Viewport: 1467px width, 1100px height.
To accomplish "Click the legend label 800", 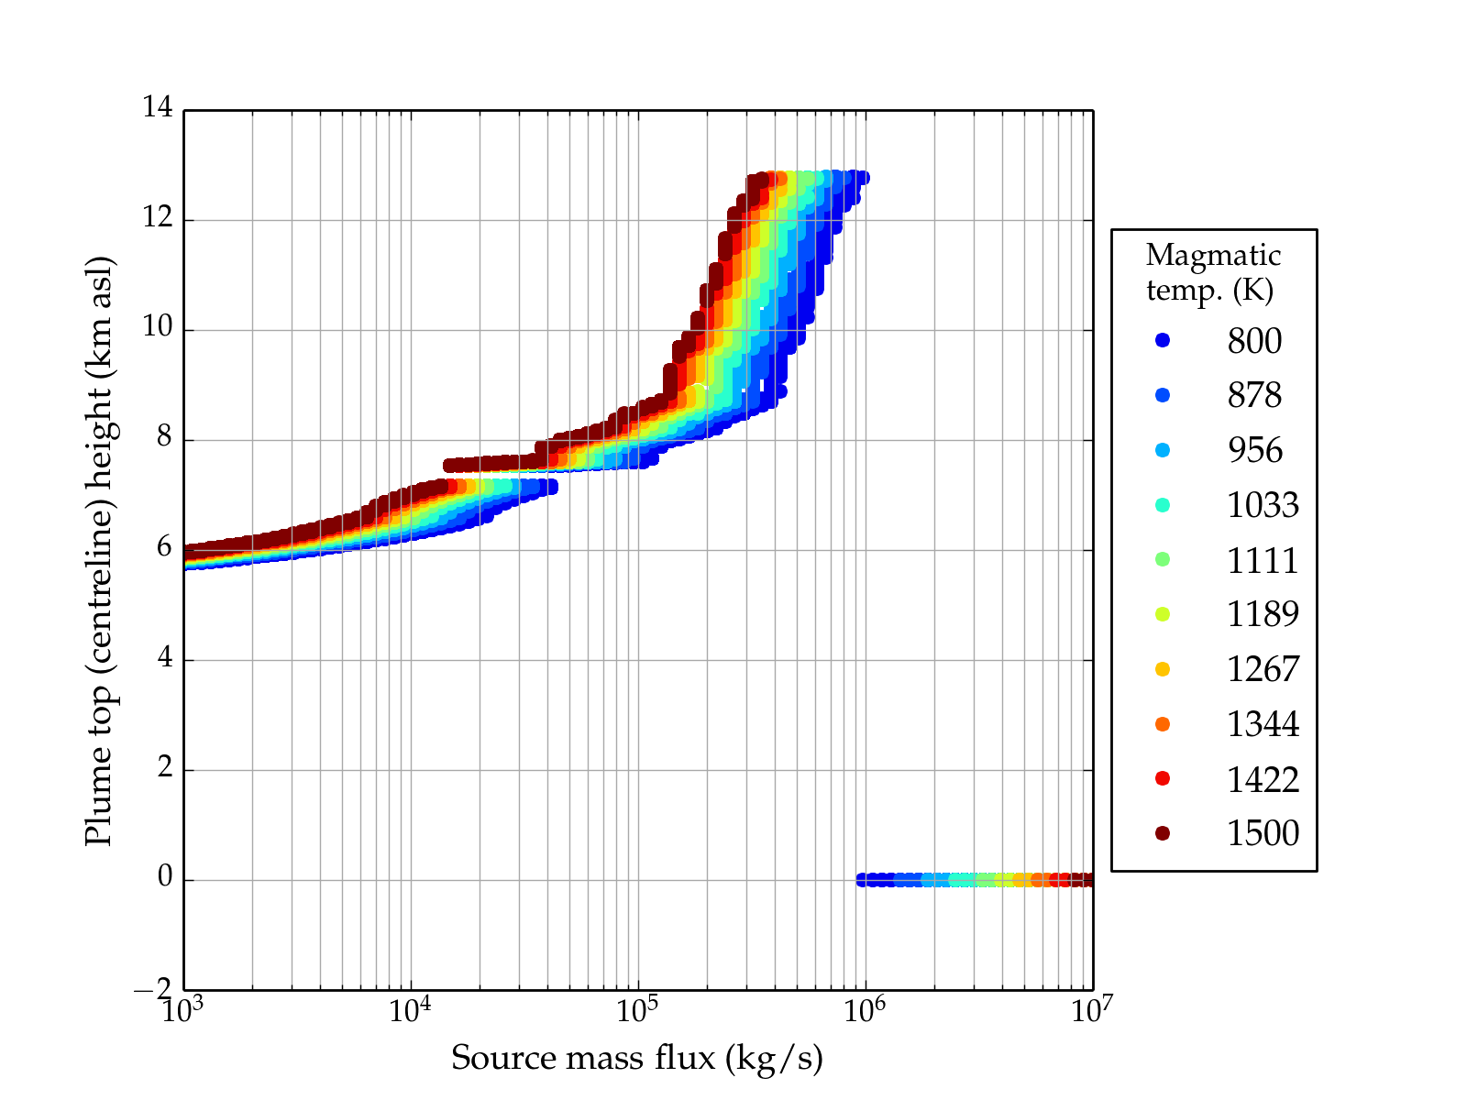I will tap(1254, 341).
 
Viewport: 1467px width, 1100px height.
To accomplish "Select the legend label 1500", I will tap(1263, 833).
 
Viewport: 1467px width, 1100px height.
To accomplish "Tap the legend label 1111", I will tap(1263, 560).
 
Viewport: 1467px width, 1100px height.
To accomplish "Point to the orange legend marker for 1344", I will tap(1163, 724).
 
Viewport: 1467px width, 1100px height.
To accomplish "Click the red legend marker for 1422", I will tap(1163, 778).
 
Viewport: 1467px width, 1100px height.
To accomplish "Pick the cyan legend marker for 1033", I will tap(1163, 505).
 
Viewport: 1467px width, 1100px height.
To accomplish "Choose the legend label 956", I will tap(1254, 450).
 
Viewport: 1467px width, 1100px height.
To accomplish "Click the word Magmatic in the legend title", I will tap(1213, 255).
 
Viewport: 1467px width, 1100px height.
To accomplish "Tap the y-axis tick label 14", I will tap(157, 108).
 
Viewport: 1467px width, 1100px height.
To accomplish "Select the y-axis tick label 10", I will tap(157, 328).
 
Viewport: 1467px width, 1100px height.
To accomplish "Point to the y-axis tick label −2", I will tap(152, 989).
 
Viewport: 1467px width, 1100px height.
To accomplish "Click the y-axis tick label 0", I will tap(165, 878).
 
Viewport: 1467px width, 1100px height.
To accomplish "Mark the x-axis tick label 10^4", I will tap(409, 1010).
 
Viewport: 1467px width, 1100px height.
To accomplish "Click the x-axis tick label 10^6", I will tap(864, 1010).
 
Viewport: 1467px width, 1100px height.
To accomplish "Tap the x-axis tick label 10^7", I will tap(1091, 1010).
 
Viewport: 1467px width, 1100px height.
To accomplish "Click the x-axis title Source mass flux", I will tap(636, 1058).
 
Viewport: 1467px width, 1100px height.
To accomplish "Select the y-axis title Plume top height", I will tap(98, 550).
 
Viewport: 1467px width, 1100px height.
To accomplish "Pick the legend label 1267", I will tap(1263, 669).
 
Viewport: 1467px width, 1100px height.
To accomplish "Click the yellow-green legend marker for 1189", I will tap(1163, 614).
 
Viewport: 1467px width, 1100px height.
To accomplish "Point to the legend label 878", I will tap(1254, 395).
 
